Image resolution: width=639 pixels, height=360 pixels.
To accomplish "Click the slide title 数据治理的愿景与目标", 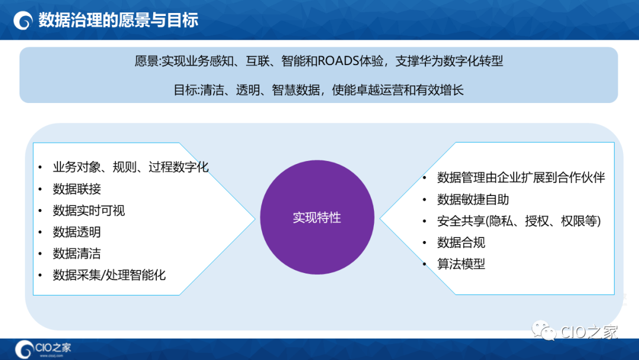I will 118,20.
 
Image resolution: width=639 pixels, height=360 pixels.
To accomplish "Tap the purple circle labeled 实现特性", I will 317,217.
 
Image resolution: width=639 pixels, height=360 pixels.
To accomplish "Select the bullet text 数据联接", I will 77,189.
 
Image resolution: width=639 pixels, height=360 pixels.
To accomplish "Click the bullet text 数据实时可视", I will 89,211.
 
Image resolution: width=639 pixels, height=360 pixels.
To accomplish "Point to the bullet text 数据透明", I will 77,232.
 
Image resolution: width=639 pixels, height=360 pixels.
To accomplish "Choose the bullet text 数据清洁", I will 77,253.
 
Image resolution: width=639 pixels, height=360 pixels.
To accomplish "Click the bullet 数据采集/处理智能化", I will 109,275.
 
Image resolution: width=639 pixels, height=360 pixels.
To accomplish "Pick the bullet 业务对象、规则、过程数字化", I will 131,167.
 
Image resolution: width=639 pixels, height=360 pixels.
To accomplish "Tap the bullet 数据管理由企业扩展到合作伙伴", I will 521,178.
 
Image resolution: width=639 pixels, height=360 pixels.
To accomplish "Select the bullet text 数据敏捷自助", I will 473,200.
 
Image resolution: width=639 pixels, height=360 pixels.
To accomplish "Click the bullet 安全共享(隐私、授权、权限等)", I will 519,221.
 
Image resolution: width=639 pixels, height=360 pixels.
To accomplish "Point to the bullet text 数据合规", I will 461,243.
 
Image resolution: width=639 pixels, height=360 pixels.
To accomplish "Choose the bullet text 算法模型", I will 461,264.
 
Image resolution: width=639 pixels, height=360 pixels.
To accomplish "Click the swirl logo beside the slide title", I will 23,21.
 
